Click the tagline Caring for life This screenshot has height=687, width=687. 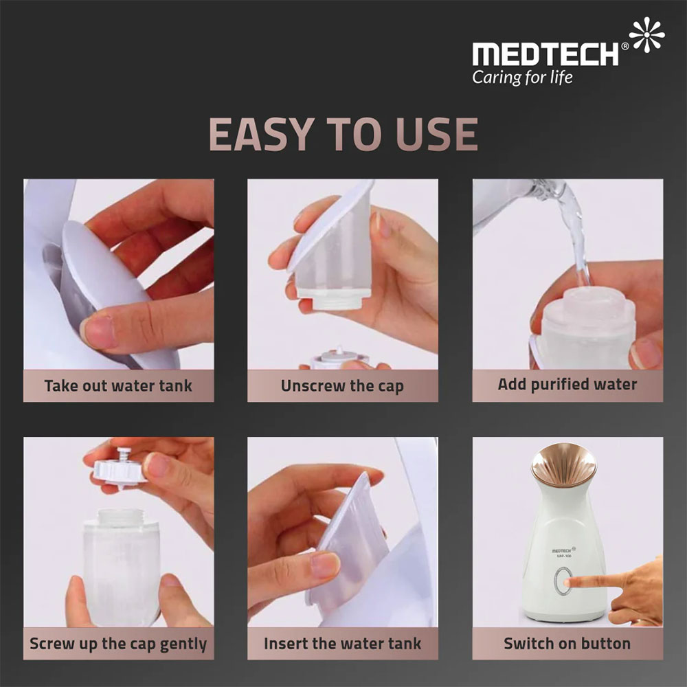pyautogui.click(x=522, y=77)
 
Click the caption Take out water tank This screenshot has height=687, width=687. pyautogui.click(x=118, y=386)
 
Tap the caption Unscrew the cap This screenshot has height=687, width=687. pyautogui.click(x=342, y=386)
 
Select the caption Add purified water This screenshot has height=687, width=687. pyautogui.click(x=567, y=385)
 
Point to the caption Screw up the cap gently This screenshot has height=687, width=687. pyautogui.click(x=118, y=644)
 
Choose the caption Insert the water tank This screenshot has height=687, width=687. pyautogui.click(x=342, y=644)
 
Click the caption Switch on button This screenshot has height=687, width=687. pyautogui.click(x=567, y=644)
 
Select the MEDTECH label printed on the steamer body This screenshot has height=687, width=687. pyautogui.click(x=563, y=550)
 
